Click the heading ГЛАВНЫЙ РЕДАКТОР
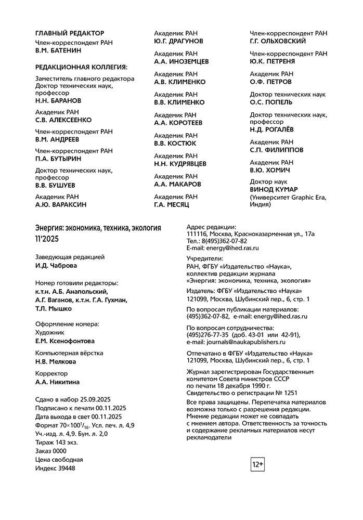pyautogui.click(x=70, y=33)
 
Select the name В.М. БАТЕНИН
pyautogui.click(x=58, y=51)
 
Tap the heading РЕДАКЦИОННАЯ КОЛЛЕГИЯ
pyautogui.click(x=81, y=67)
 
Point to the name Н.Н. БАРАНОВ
pyautogui.click(x=58, y=100)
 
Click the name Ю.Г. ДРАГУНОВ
pyautogui.click(x=179, y=41)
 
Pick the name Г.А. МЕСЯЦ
pyautogui.click(x=172, y=205)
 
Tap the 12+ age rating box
pyautogui.click(x=258, y=464)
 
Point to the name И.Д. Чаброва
pyautogui.click(x=56, y=266)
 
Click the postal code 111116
pyautogui.click(x=197, y=234)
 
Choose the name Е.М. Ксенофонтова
pyautogui.click(x=65, y=341)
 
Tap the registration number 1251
pyautogui.click(x=291, y=393)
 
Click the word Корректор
pyautogui.click(x=51, y=373)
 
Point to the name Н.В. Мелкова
pyautogui.click(x=56, y=361)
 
